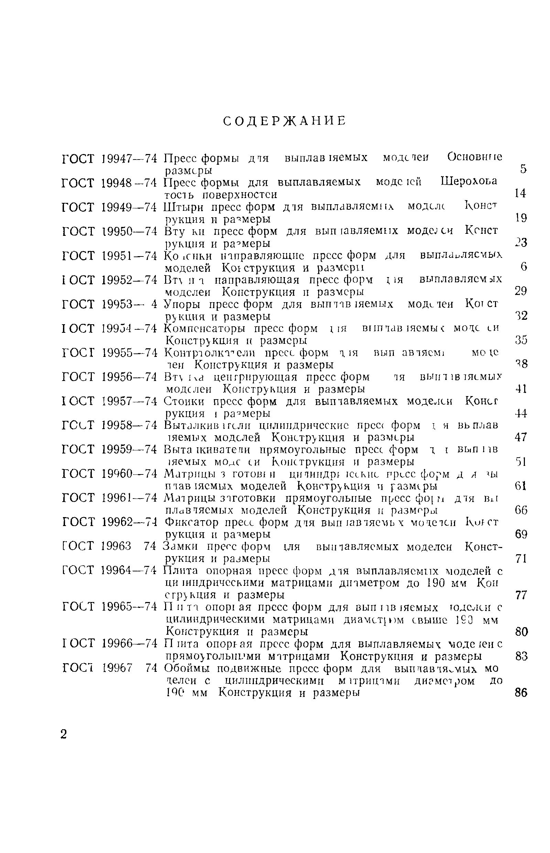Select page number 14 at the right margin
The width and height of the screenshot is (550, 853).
[x=521, y=194]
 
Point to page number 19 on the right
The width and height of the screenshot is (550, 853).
[x=521, y=218]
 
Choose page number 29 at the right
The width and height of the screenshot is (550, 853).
[x=521, y=291]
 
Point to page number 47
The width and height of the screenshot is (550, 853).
[x=521, y=437]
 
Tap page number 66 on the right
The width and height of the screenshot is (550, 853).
[x=521, y=510]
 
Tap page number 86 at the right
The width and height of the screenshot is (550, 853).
[x=521, y=693]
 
